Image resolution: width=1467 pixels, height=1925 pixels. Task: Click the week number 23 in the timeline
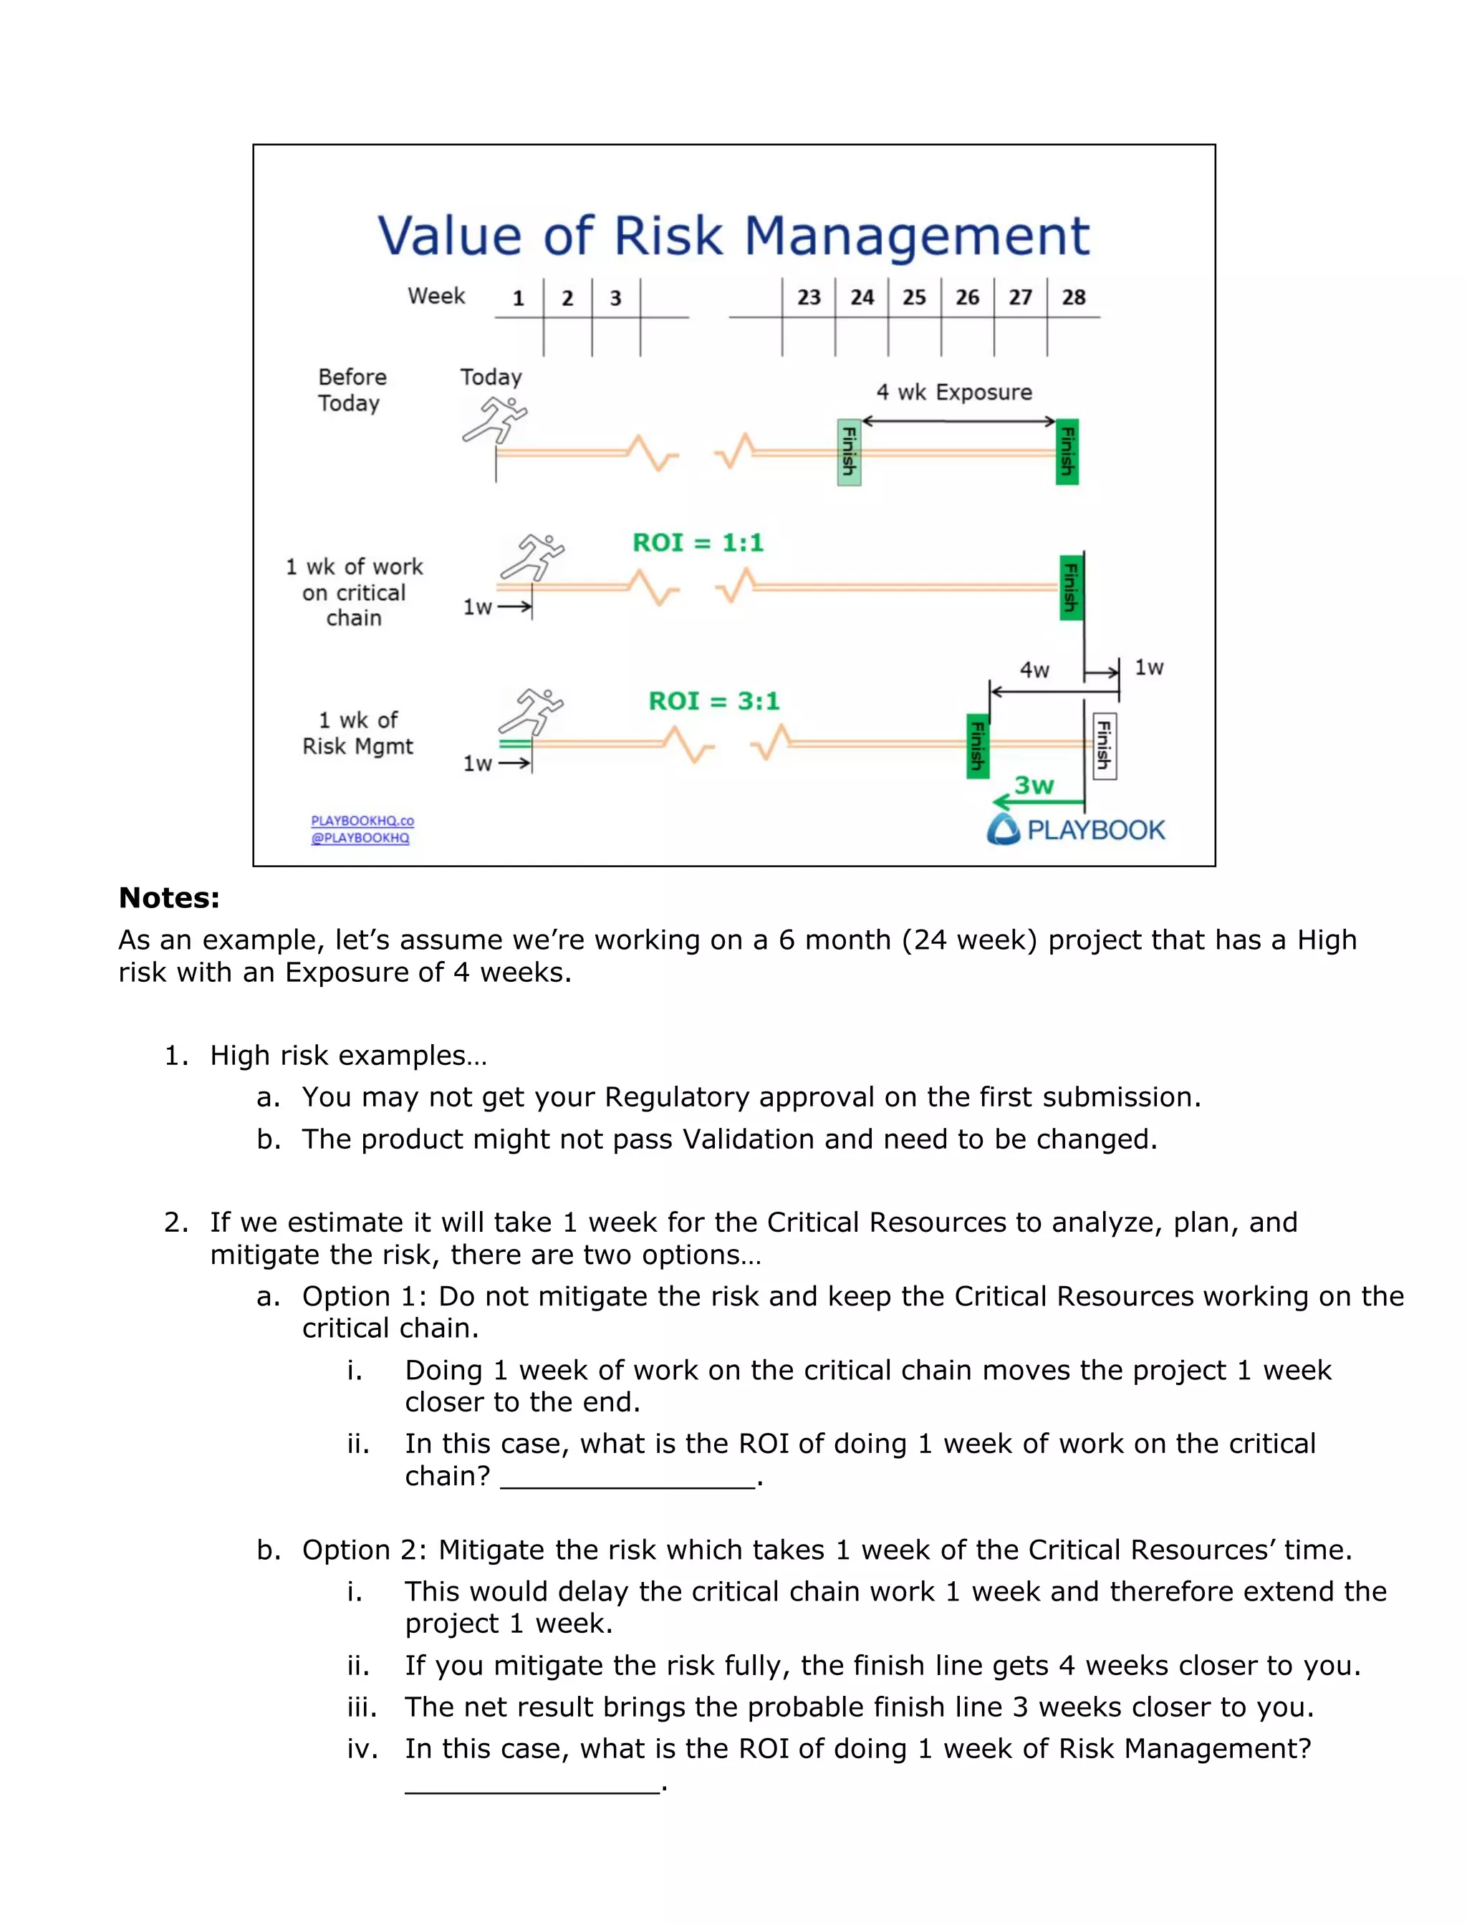809,298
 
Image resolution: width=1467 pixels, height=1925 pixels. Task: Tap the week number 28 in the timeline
1073,298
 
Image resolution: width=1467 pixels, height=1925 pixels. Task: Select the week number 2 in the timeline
567,299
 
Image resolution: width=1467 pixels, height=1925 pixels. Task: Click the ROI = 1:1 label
698,543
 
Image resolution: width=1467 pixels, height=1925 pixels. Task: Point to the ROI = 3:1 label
713,701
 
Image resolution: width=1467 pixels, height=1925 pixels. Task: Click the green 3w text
1034,785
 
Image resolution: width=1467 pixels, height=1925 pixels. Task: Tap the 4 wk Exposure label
953,392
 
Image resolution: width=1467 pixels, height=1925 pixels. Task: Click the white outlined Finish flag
1104,746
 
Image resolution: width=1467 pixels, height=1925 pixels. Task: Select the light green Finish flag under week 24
849,451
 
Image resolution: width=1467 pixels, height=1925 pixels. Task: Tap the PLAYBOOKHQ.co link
362,821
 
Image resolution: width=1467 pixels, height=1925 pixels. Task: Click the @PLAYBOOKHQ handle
360,838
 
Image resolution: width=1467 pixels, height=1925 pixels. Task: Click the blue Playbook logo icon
1004,829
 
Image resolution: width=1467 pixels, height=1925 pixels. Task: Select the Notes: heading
168,897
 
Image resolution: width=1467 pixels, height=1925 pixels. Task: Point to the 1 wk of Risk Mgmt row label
357,733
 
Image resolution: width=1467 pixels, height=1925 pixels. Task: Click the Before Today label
351,390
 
